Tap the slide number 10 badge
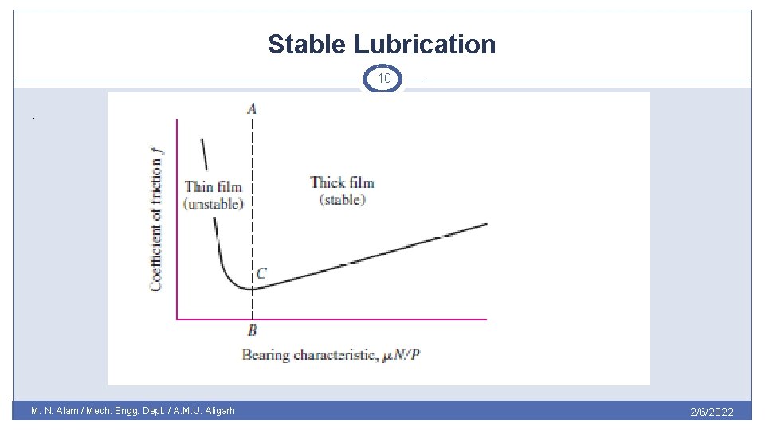coord(383,79)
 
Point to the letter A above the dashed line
coord(252,108)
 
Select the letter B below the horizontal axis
coord(252,330)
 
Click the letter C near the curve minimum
coord(261,273)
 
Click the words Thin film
coord(213,187)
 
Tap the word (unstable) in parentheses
coord(213,204)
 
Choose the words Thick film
coord(342,182)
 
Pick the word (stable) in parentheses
coord(342,200)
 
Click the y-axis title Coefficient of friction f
coord(157,216)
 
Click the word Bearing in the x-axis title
coord(266,354)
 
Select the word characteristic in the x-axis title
coord(335,354)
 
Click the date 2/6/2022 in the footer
coord(711,412)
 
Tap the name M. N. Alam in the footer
coord(57,412)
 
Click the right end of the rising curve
coord(486,224)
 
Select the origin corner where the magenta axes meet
coord(177,319)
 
